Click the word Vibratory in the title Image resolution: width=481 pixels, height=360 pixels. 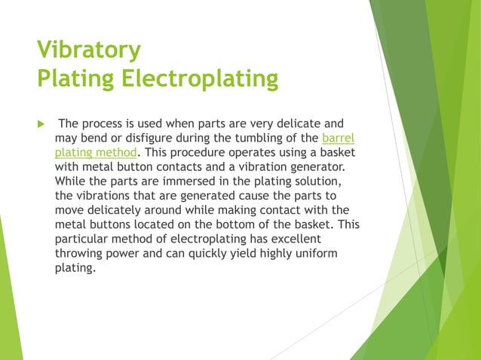pos(89,50)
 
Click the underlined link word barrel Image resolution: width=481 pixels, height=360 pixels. pos(338,137)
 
